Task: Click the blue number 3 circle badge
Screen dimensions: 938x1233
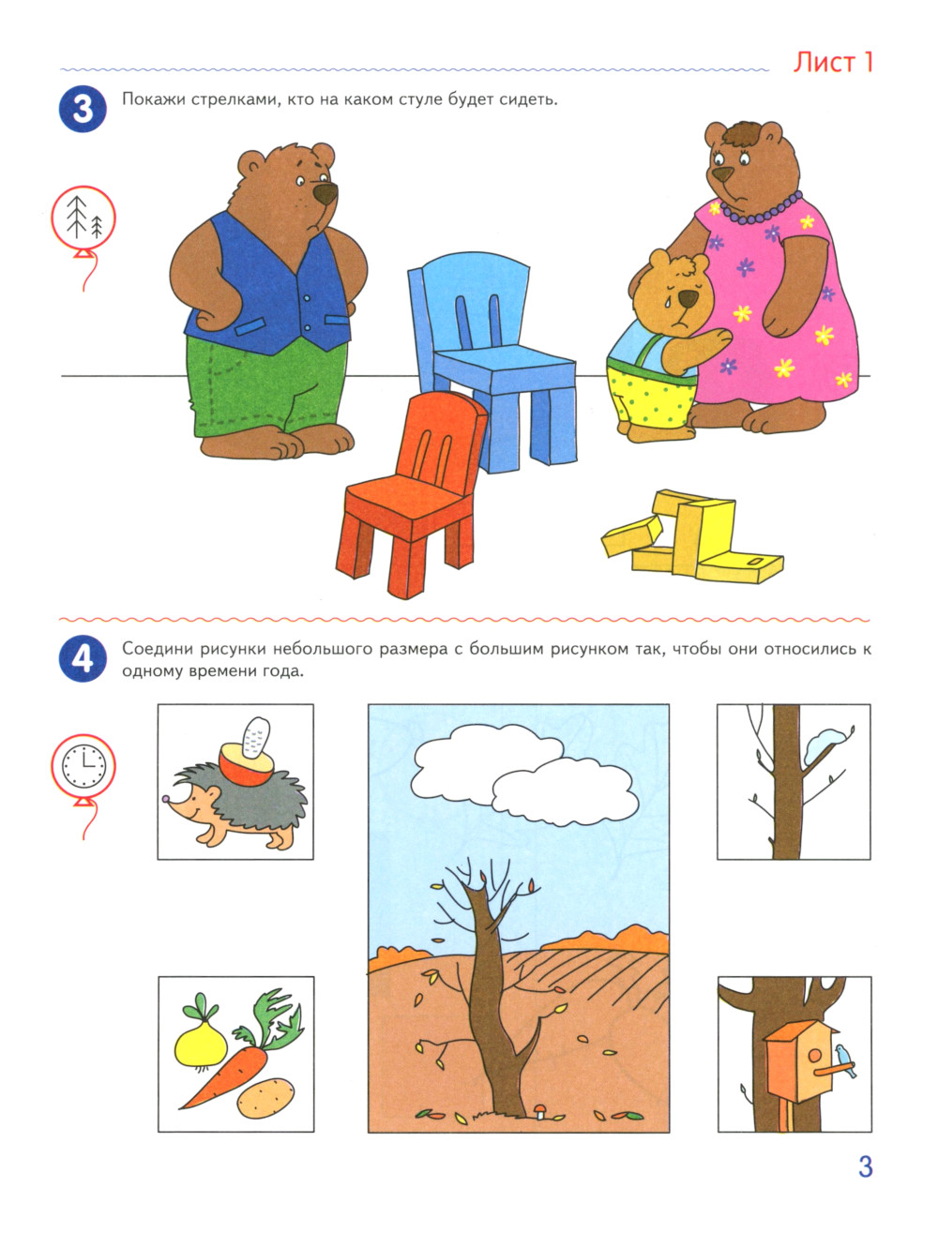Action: click(83, 109)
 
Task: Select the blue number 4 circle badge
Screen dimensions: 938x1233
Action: click(83, 658)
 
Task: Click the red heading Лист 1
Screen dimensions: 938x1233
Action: click(833, 63)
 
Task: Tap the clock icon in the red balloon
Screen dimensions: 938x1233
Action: click(83, 766)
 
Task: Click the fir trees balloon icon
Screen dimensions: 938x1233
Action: click(83, 217)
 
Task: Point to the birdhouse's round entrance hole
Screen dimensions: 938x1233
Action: click(814, 1057)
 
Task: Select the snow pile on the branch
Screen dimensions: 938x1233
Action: click(824, 742)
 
